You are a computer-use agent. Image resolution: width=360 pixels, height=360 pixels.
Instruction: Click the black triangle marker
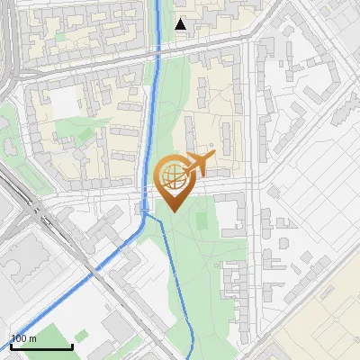click(x=182, y=24)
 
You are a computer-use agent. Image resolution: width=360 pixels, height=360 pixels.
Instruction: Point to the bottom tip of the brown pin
click(x=171, y=211)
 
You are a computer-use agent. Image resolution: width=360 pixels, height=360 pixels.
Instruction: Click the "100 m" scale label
click(x=24, y=338)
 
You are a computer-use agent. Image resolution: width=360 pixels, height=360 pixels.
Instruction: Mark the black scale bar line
click(x=41, y=347)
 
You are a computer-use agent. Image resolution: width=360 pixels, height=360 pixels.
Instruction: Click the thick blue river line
click(x=153, y=108)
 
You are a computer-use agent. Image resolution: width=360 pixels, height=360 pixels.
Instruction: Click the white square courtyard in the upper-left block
click(x=65, y=102)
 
